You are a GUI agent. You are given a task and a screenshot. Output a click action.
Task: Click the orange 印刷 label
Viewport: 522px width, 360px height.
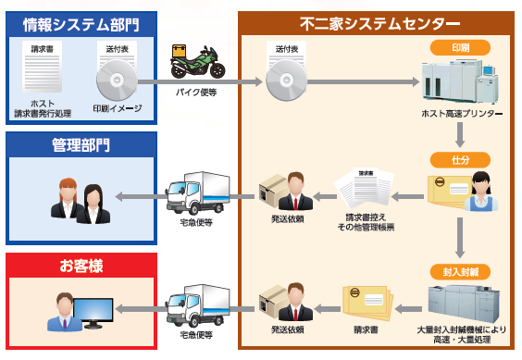459,47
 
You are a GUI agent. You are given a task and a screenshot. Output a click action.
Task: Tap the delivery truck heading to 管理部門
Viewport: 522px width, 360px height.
196,192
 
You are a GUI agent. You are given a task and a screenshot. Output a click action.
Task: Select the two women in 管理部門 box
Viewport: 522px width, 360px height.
78,197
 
